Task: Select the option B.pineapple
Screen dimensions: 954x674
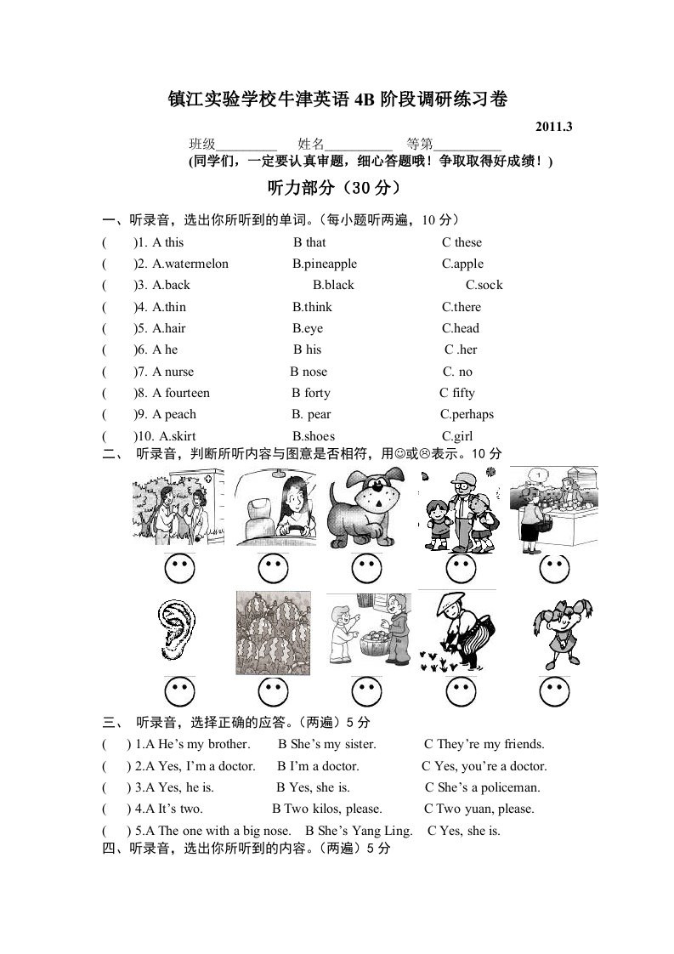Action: click(325, 264)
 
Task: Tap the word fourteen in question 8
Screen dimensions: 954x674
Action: click(187, 393)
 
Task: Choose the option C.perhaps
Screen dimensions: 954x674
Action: click(467, 414)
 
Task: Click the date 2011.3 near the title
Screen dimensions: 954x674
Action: click(554, 127)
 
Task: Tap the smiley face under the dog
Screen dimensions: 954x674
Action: click(367, 567)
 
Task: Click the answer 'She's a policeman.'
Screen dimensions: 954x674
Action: click(488, 787)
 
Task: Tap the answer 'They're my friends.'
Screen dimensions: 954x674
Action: click(490, 744)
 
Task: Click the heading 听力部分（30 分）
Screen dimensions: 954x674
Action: click(333, 188)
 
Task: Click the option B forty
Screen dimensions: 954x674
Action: click(311, 393)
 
